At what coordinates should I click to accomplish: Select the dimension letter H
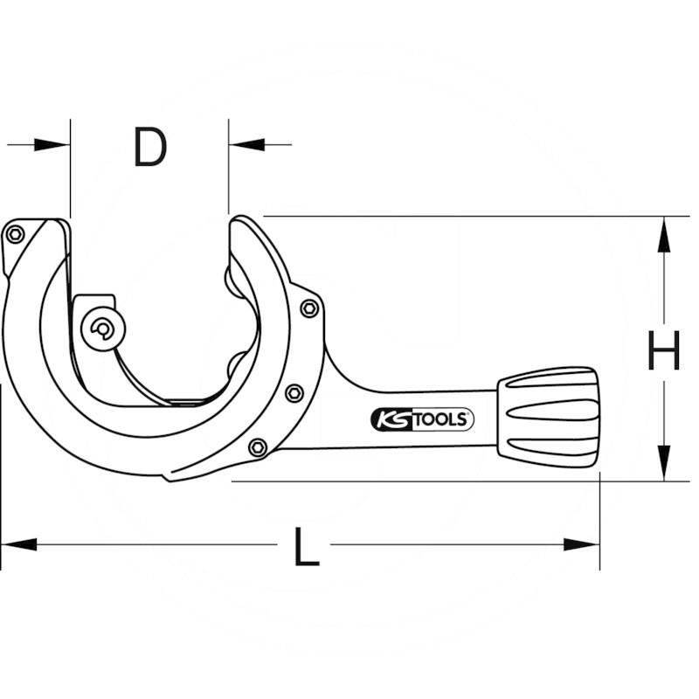(x=663, y=354)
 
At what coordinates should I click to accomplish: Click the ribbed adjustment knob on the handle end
(x=549, y=416)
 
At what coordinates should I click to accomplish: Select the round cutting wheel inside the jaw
(x=103, y=329)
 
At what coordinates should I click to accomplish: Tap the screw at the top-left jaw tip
(x=14, y=233)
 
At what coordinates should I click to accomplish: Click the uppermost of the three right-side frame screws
(x=308, y=308)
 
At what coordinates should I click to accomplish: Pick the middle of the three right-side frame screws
(x=294, y=392)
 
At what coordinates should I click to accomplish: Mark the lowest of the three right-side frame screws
(x=257, y=447)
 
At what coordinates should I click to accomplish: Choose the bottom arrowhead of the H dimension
(x=663, y=463)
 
